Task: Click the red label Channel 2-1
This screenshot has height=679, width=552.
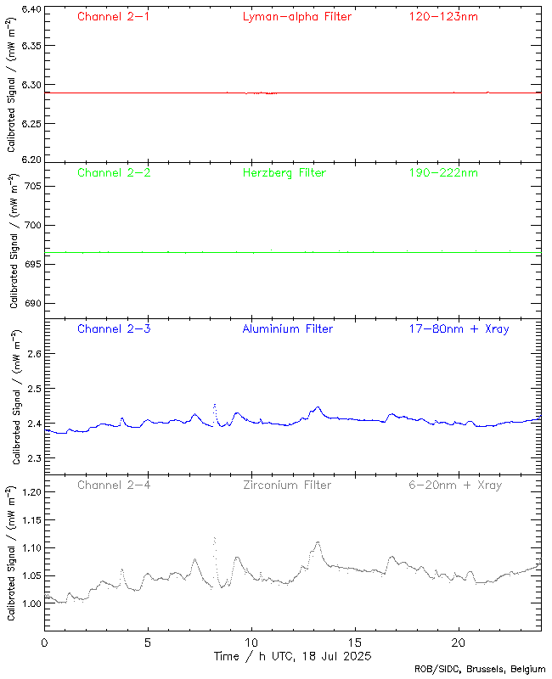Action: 114,17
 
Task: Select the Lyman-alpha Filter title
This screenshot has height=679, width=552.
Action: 296,17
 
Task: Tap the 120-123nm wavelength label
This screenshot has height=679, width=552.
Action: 442,17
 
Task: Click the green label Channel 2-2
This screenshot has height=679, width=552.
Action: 114,173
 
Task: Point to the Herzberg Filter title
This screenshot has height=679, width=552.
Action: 284,173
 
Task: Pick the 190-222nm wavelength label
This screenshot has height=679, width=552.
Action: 442,173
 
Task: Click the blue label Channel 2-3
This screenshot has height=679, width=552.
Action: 114,329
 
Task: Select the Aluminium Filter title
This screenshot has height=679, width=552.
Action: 287,329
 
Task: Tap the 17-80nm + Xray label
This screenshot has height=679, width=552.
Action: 459,329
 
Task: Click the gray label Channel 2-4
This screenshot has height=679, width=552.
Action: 114,485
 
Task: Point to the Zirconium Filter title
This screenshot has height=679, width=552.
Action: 287,485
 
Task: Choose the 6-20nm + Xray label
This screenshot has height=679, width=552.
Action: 454,485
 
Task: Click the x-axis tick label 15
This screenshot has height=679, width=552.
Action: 355,643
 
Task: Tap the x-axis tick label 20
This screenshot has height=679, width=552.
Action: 459,643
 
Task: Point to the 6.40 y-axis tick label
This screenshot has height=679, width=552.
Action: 29,10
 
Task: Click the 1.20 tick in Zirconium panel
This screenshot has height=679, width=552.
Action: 29,492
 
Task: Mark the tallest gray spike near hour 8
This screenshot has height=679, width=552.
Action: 214,538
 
